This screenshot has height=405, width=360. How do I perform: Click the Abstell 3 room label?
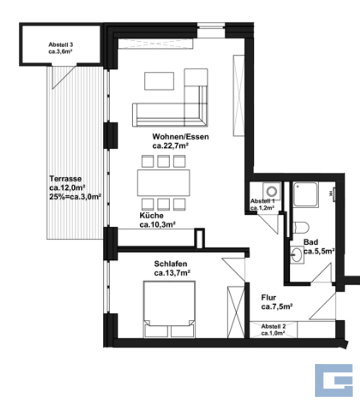point(60,45)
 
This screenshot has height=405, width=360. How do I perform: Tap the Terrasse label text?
point(65,179)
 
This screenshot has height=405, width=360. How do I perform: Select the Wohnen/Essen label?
point(180,137)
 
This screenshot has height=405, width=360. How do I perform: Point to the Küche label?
point(151,215)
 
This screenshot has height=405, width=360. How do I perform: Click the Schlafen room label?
point(171,264)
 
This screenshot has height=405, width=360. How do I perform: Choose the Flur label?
point(269,297)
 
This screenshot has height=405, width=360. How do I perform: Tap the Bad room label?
point(311,242)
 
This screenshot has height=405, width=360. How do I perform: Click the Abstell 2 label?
point(273,326)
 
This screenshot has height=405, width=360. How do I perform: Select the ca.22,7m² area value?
point(170,146)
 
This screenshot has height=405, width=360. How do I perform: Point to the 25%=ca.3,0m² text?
point(75,197)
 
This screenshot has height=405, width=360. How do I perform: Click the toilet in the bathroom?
point(301,228)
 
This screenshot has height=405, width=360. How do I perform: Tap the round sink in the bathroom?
point(297,255)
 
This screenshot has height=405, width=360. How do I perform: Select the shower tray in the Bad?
point(305,195)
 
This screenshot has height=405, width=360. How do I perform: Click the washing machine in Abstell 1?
point(271,191)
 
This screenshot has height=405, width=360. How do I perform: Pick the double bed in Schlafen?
point(169,309)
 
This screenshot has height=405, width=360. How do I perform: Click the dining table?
point(164,183)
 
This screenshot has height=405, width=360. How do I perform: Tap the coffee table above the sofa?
point(159,81)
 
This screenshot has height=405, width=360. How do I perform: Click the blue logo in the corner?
point(334,380)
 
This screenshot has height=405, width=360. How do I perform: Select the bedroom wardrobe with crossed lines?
point(236,312)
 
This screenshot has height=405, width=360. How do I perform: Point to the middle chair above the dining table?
point(164,161)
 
